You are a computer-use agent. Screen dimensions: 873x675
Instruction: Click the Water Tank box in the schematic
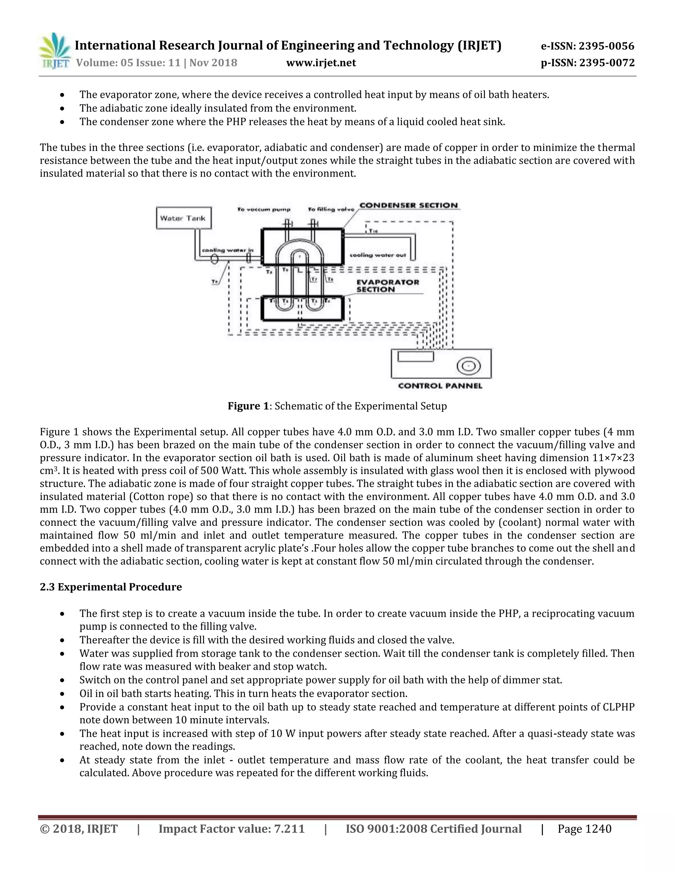tap(183, 218)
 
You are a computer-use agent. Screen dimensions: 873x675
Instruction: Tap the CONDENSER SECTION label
tap(408, 206)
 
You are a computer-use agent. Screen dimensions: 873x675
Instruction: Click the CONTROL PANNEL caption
tap(440, 386)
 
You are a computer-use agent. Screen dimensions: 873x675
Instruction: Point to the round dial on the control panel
tap(468, 366)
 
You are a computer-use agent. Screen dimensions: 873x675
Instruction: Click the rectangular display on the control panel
tap(416, 356)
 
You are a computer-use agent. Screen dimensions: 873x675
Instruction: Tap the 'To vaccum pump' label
tap(264, 210)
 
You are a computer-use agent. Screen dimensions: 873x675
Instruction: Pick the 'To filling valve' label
tap(331, 210)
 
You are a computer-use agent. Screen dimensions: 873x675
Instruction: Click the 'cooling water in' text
tap(227, 250)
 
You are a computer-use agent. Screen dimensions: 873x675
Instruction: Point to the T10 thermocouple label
tap(373, 231)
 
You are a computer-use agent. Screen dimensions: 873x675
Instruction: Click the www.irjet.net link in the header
tap(321, 63)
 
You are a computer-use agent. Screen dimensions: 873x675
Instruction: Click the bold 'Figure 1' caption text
tap(248, 406)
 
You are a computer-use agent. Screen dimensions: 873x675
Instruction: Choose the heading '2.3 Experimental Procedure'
tap(111, 587)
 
